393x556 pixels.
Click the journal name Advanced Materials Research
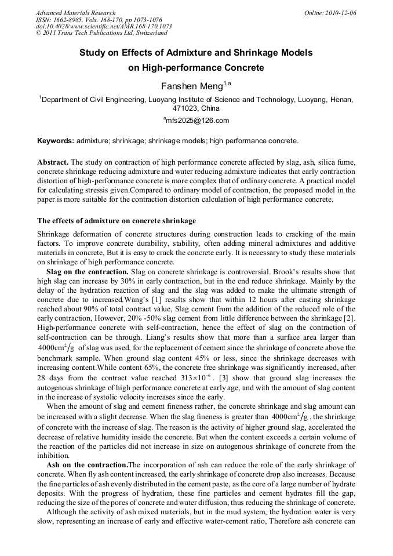point(75,13)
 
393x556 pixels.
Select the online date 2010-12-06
point(341,13)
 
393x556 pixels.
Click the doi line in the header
point(104,27)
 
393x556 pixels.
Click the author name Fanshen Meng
point(191,86)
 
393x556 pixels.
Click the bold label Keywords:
point(56,141)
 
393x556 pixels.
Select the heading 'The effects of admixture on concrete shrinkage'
point(117,221)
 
